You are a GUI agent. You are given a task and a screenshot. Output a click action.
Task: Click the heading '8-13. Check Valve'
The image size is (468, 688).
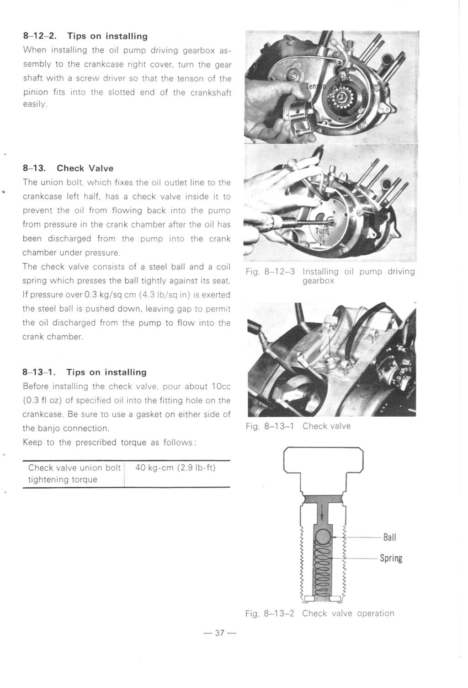point(68,168)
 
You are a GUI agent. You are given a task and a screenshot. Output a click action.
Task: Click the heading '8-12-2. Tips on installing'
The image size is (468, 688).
point(85,36)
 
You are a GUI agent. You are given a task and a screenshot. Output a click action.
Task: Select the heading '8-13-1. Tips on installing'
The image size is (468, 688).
point(85,372)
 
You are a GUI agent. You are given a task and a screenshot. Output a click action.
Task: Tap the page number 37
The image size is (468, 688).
point(220,633)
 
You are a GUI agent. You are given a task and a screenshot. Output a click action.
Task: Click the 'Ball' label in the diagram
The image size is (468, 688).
point(389,537)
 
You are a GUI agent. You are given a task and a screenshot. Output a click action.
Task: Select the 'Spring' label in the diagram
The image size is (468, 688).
point(391,559)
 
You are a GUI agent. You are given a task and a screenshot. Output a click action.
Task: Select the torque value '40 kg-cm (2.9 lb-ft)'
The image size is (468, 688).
point(176,468)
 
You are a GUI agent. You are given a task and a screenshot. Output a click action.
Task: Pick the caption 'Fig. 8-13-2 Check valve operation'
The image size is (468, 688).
point(319,613)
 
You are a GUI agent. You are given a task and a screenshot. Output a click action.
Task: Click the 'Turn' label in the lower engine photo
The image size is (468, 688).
point(322,231)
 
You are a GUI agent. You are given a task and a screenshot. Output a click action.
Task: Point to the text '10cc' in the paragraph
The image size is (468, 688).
point(221,387)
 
